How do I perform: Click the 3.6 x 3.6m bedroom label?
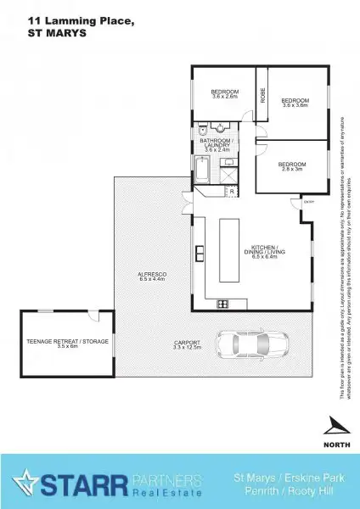[x=294, y=103]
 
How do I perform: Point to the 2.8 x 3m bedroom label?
[x=291, y=165]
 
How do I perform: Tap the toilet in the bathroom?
[x=203, y=131]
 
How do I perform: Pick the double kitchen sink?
[x=200, y=253]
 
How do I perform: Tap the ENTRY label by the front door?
[x=307, y=202]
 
